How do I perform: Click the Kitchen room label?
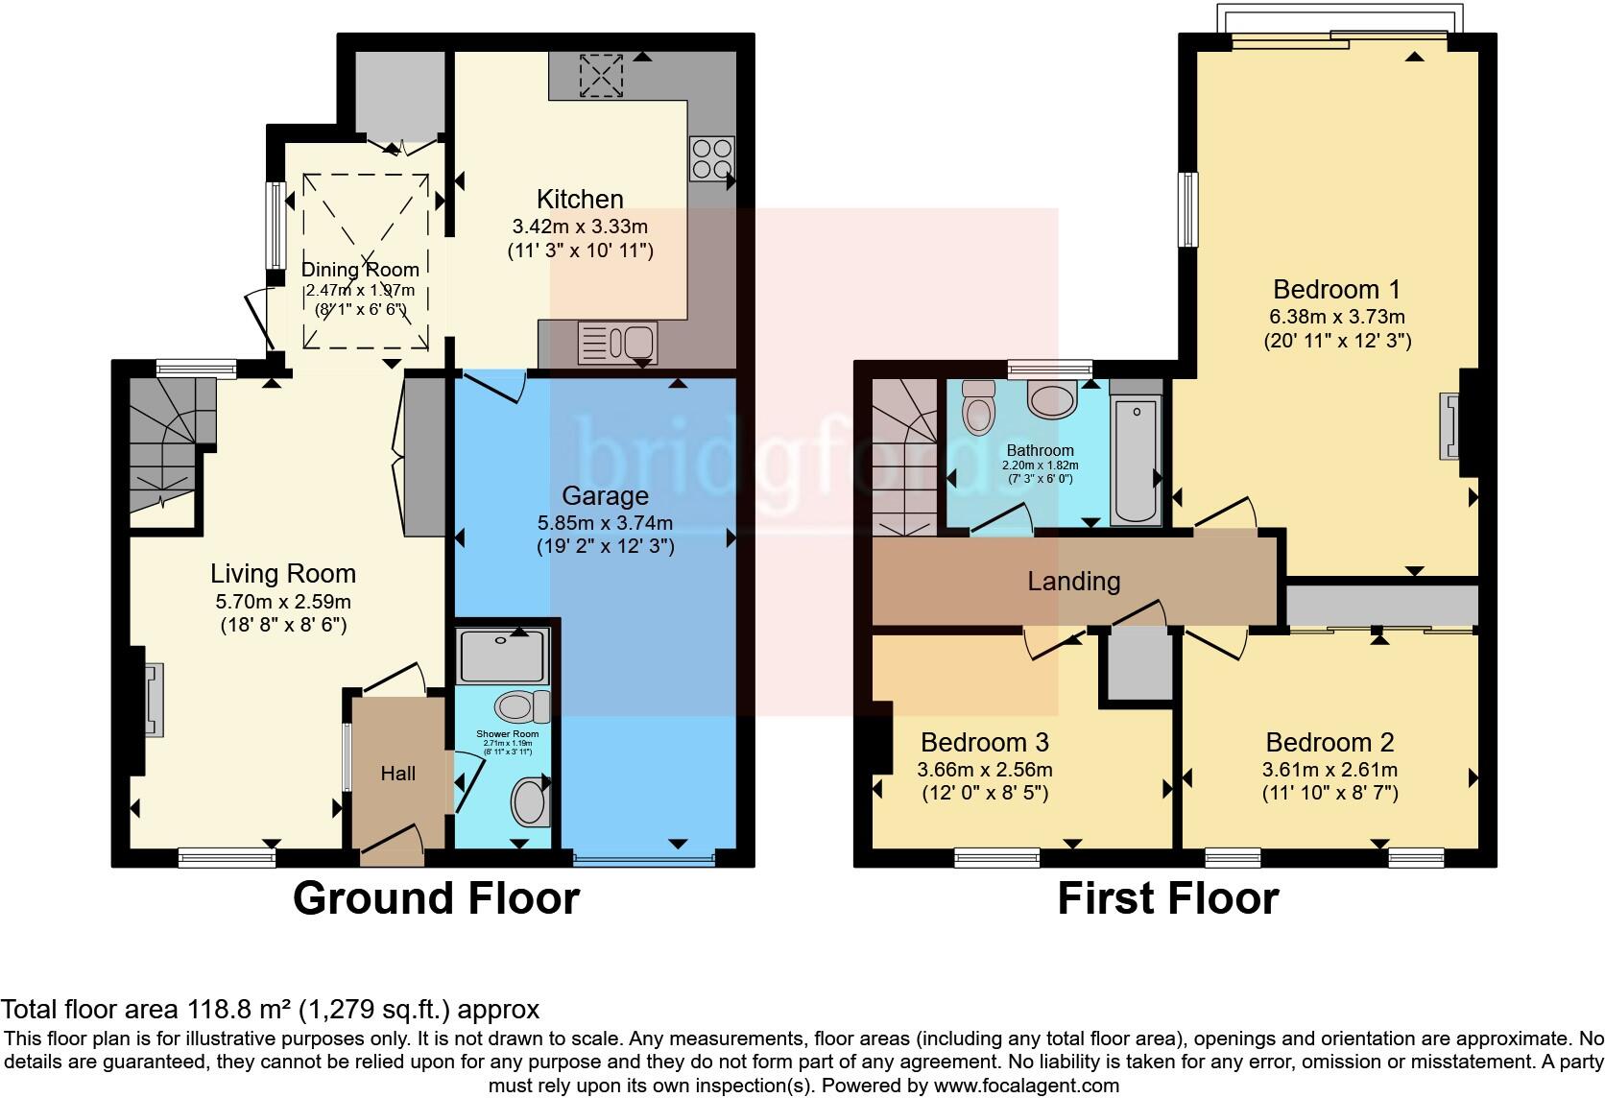(580, 200)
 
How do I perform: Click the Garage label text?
(605, 496)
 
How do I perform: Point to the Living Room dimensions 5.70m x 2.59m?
(282, 603)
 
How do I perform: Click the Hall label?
(397, 774)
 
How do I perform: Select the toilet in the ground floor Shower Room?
(521, 708)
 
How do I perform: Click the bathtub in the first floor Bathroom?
(1136, 461)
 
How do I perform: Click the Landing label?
(1073, 581)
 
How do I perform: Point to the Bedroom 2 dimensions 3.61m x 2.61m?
(1330, 770)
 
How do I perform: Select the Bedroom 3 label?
(984, 742)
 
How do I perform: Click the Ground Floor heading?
(436, 899)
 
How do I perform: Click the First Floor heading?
(1167, 899)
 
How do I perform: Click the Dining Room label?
(361, 270)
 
